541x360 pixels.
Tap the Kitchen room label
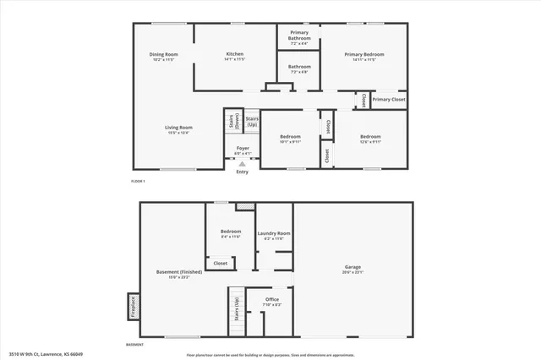tap(234, 54)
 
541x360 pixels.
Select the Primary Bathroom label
tap(299, 35)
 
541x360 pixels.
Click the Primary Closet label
tap(389, 100)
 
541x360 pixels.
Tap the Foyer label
tap(243, 148)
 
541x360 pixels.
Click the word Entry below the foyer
tap(243, 172)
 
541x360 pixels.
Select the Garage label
tap(352, 267)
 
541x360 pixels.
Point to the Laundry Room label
tap(274, 232)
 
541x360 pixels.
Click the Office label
tap(271, 299)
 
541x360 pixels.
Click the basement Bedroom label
tap(231, 232)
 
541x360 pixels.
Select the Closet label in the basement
tap(220, 263)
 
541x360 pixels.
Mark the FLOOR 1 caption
tap(139, 182)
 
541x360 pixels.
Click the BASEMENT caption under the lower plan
tap(134, 345)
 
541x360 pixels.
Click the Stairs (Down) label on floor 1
tap(232, 121)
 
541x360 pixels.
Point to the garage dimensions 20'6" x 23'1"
tap(352, 273)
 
